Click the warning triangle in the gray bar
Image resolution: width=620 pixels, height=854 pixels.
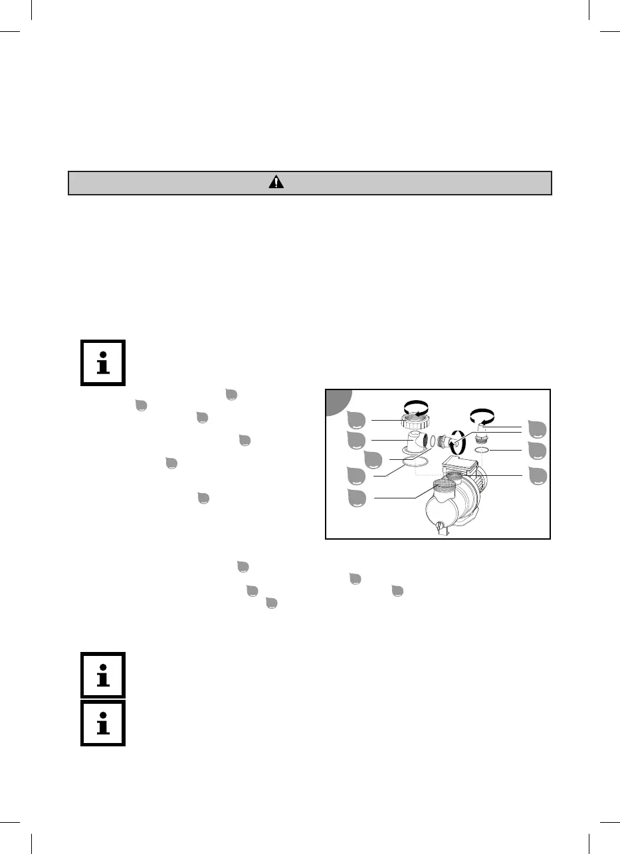[x=275, y=183]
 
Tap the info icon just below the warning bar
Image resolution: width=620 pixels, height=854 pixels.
[x=103, y=364]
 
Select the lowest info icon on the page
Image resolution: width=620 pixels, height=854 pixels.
[x=103, y=722]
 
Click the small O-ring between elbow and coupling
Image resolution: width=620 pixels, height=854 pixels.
[x=433, y=441]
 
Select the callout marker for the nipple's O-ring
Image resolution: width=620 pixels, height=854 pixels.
[x=536, y=451]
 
